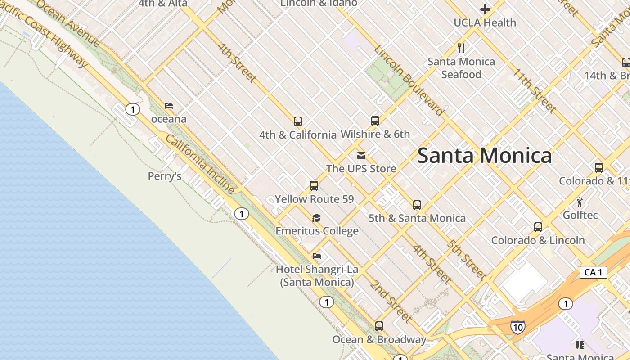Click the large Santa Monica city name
coord(485,156)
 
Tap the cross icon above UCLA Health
coord(485,9)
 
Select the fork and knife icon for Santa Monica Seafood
coord(461,47)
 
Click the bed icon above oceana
coord(169,106)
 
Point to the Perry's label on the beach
coord(165,176)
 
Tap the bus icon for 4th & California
coord(297,121)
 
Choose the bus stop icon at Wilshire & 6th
coord(375,121)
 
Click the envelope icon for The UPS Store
coord(361,156)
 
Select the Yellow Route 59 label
coord(314,199)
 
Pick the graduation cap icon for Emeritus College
coord(317,218)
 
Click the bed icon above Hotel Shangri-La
coord(317,256)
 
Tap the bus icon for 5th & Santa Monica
coord(417,205)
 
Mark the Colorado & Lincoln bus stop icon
coord(538,227)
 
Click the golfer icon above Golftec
coord(580,202)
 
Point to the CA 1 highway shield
coord(593,272)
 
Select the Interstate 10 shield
coord(517,327)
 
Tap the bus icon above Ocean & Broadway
coord(379,326)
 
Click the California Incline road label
coord(200,164)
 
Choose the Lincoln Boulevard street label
coord(408,81)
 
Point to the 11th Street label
coord(534,90)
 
